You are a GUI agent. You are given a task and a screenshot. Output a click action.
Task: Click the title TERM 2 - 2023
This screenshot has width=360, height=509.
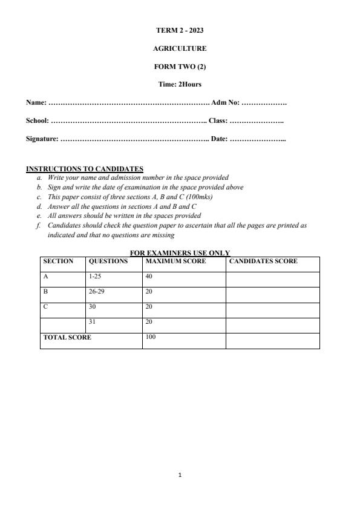pos(180,30)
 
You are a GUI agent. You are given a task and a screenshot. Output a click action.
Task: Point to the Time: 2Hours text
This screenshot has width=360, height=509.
pos(180,84)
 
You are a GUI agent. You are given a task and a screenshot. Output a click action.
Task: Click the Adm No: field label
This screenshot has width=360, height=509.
pos(225,103)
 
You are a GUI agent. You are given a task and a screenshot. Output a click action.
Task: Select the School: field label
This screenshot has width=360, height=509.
pos(37,121)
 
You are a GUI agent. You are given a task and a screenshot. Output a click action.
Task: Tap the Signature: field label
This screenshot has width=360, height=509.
pos(42,139)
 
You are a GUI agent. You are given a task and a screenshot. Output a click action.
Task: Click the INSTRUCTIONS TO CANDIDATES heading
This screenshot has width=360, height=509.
pos(85,169)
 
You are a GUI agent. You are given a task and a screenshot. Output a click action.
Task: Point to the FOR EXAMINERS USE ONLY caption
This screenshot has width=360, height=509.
pos(180,253)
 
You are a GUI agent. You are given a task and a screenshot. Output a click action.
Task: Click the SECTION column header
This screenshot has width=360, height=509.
pos(58,261)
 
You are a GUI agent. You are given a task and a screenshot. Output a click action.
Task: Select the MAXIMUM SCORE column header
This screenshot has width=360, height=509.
pos(175,261)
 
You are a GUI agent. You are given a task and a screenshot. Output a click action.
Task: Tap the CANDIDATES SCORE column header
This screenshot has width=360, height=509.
pos(263,261)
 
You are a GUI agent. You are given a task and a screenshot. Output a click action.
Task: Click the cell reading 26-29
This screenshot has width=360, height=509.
pos(97,291)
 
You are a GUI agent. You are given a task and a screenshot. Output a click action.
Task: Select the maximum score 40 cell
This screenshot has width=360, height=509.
pos(149,276)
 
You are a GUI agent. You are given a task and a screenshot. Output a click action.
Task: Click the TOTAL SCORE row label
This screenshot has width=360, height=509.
pos(67,337)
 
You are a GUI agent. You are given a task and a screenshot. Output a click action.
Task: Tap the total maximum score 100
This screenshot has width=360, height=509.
pos(151,337)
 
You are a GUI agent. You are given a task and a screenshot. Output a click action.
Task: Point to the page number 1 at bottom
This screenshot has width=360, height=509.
pos(180,475)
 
